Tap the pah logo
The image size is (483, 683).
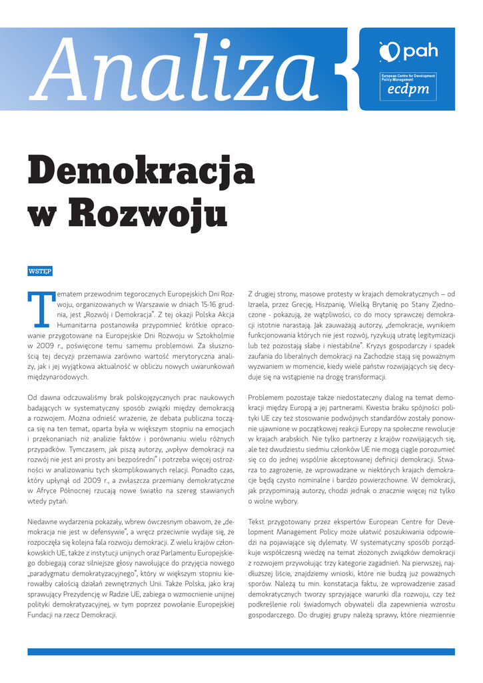pos(408,51)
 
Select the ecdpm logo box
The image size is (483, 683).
pos(408,87)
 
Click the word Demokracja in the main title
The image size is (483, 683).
pos(141,171)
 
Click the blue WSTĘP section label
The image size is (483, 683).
pos(40,271)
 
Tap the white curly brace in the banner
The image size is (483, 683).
pos(344,69)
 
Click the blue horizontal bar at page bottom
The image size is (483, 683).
pos(241,652)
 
